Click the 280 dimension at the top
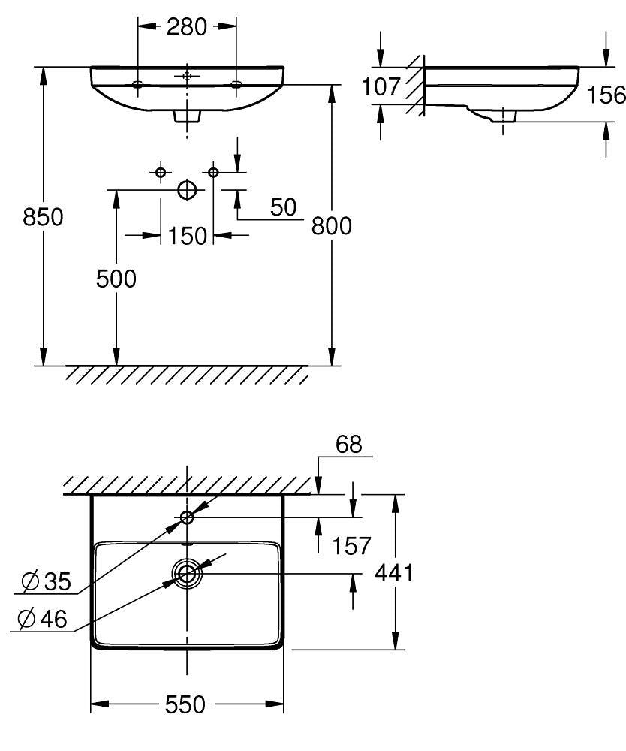187,26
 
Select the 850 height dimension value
43,217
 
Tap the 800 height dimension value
331,225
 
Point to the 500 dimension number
116,279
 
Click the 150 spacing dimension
187,236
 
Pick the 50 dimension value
283,207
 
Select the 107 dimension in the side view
381,86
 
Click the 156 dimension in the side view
606,95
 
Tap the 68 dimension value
348,445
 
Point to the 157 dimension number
351,546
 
